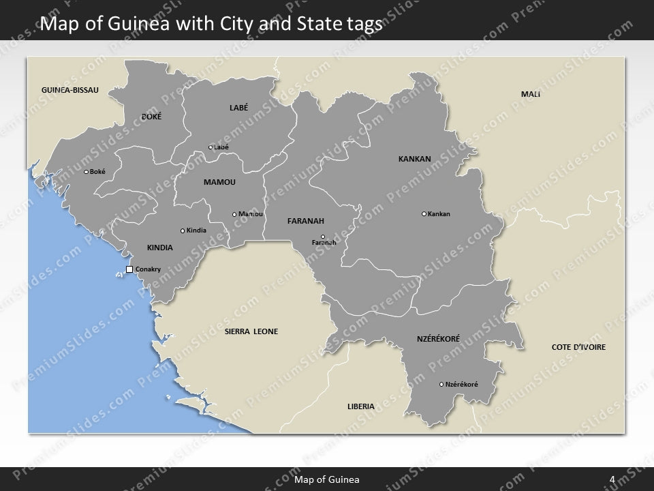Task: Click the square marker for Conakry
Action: (129, 270)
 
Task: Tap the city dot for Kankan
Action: (424, 214)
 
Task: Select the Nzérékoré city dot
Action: (441, 385)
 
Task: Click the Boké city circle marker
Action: (86, 172)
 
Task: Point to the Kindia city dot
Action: (183, 230)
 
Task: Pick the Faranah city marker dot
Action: (323, 237)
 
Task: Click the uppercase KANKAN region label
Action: (414, 159)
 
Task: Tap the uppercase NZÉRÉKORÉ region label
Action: (438, 338)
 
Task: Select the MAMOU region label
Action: (219, 182)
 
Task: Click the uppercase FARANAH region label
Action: (305, 221)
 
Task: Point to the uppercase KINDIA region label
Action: (160, 248)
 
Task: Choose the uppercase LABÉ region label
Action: (238, 107)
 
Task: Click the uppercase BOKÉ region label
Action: (151, 117)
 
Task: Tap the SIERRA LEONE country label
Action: (251, 331)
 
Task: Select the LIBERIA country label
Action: (360, 406)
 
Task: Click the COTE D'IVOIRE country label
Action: (578, 347)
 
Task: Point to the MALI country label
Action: (530, 94)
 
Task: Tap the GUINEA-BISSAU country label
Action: (70, 90)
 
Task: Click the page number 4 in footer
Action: (612, 479)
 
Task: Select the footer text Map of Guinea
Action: (327, 479)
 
